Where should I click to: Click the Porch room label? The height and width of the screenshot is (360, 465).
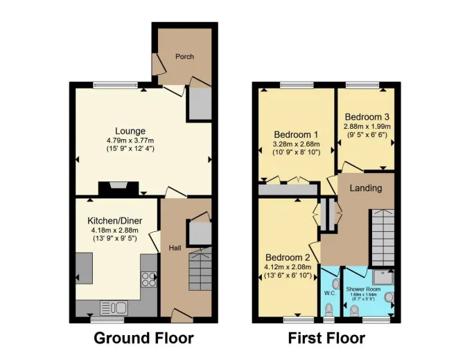(184, 56)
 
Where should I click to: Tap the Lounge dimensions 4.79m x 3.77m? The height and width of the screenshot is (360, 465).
(130, 140)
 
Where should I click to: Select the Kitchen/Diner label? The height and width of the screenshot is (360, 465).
(115, 221)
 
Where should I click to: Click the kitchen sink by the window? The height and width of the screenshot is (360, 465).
(114, 307)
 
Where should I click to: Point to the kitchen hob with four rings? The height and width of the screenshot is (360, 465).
(148, 279)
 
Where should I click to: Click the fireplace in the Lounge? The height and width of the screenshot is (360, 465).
(119, 189)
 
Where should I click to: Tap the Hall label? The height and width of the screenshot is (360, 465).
(175, 248)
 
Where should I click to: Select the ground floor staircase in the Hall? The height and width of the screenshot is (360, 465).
(200, 268)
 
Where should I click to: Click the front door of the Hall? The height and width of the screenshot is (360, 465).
(182, 315)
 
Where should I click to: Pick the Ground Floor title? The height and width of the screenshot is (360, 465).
(144, 338)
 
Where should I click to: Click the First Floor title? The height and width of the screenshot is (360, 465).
(326, 338)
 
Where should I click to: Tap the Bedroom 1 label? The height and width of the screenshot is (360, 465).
(296, 135)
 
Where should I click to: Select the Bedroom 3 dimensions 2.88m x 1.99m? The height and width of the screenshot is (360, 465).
(367, 127)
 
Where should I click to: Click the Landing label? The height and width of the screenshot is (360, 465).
(366, 188)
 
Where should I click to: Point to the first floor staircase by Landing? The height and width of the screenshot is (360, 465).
(383, 237)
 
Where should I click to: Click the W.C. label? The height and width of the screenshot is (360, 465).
(329, 294)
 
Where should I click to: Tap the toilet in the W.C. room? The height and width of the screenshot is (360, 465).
(328, 309)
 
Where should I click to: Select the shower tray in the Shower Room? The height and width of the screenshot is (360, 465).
(383, 278)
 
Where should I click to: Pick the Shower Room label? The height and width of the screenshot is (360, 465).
(363, 289)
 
